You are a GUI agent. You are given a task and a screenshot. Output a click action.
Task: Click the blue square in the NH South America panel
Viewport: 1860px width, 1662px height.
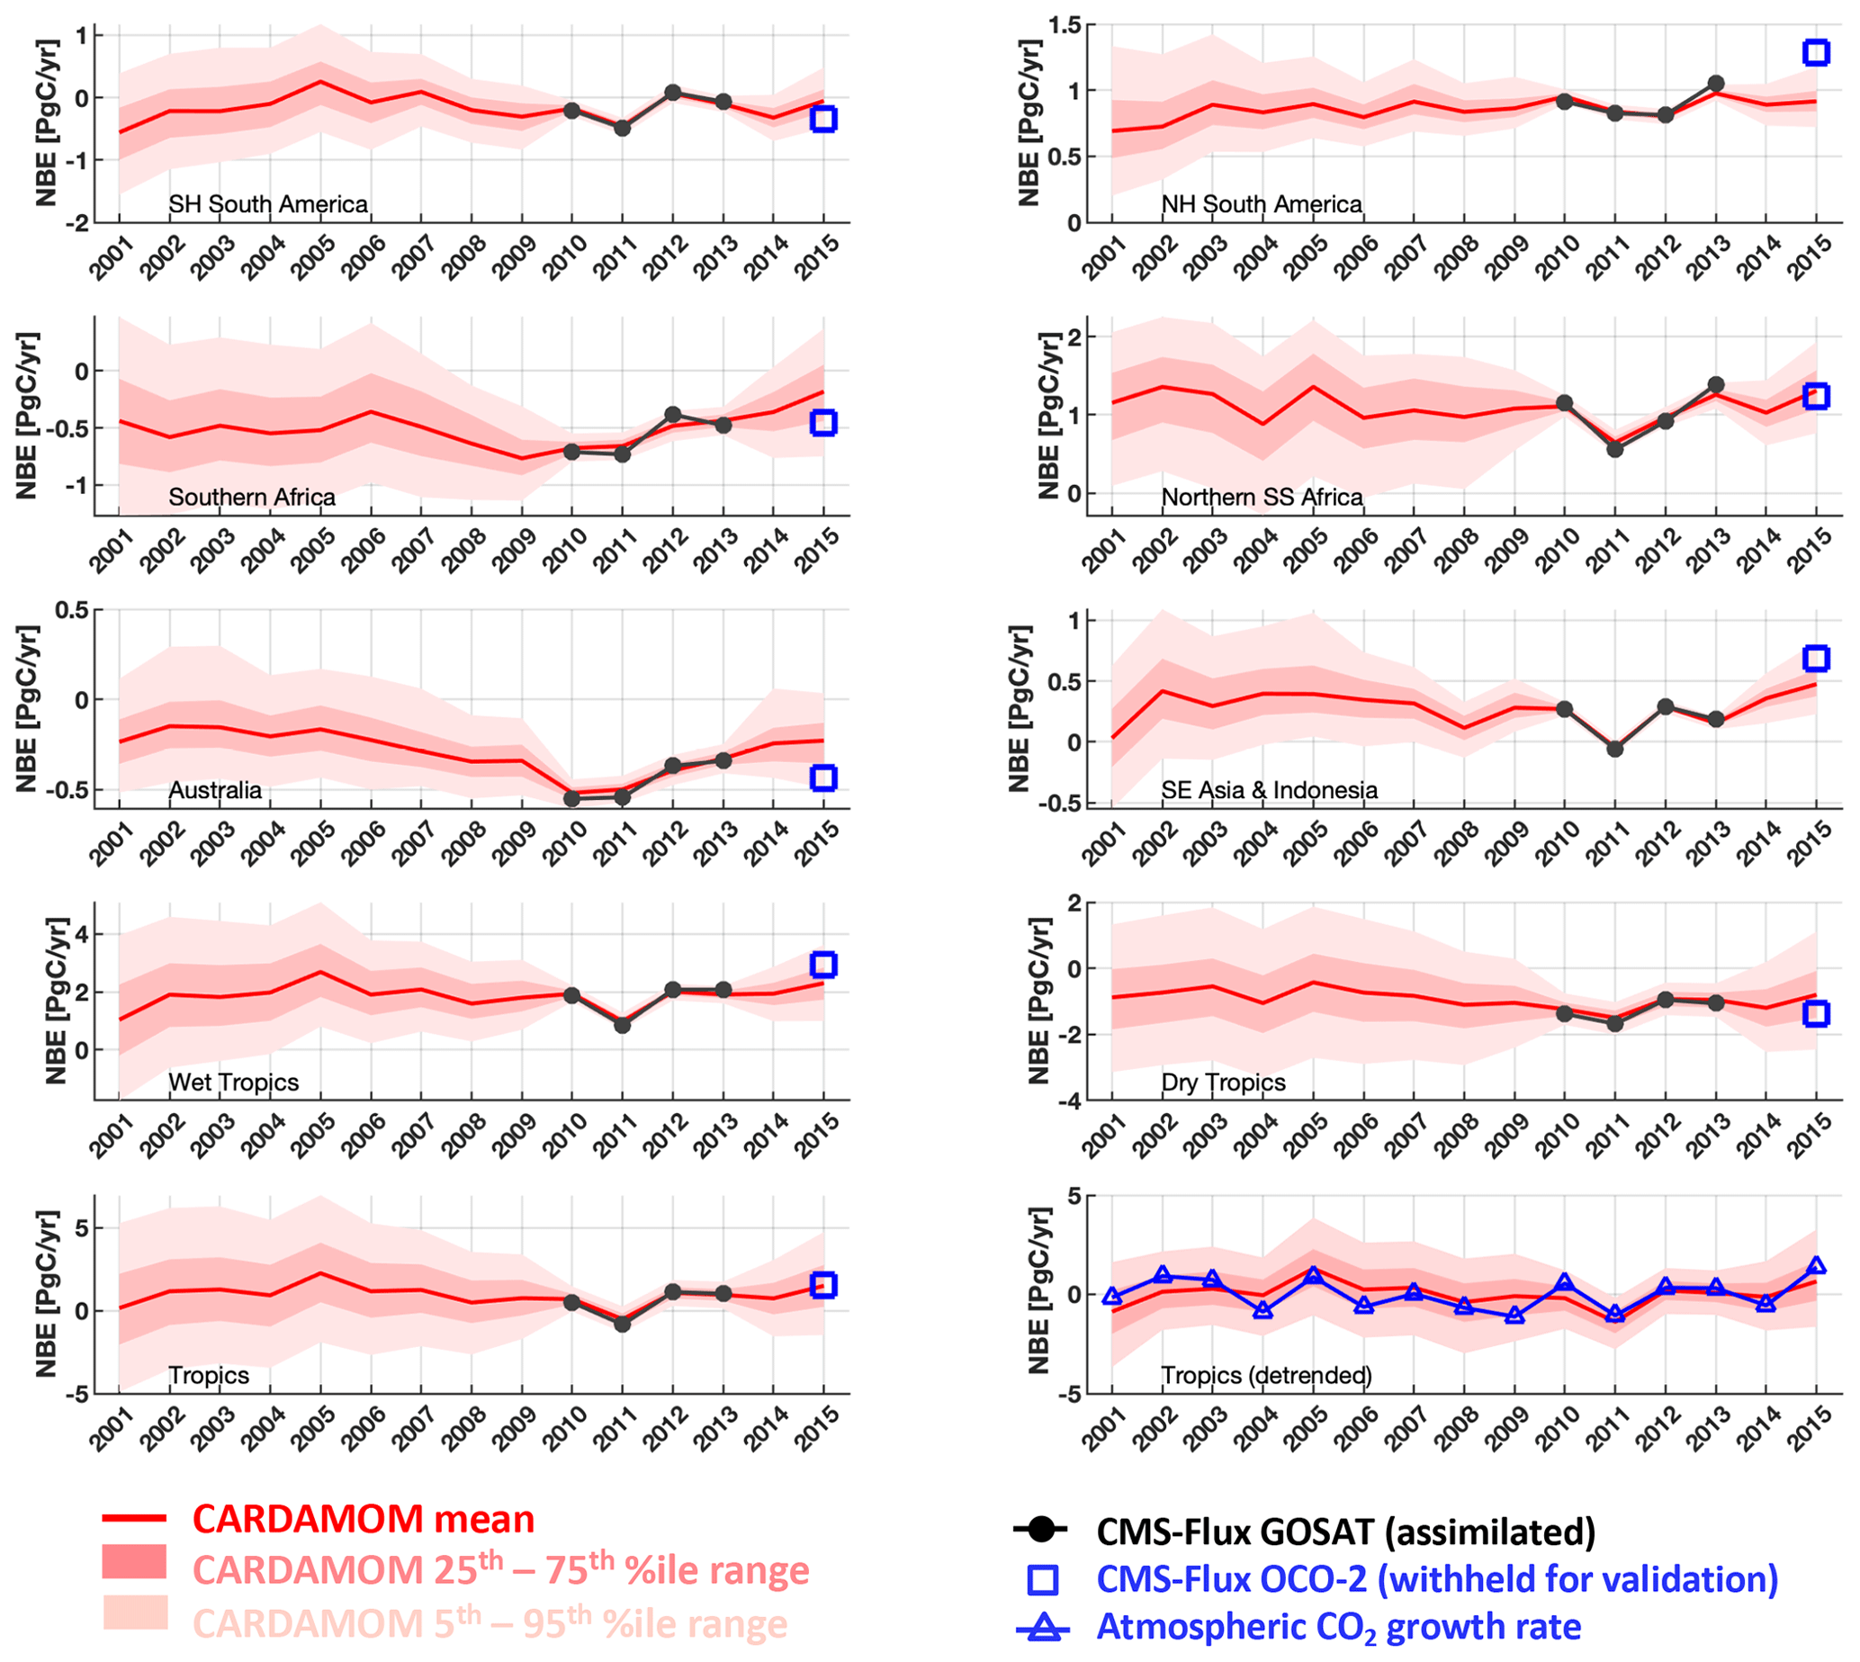pos(1816,52)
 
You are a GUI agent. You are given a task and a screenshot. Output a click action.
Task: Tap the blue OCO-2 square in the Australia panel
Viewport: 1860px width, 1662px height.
pos(823,778)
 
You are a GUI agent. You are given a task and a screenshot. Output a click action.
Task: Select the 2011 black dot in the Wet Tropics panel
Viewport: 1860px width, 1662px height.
pos(623,1026)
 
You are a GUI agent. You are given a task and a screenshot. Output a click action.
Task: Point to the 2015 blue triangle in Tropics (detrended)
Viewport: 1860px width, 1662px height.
pos(1816,1267)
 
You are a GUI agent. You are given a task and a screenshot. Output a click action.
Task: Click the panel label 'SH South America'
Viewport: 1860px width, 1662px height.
pos(267,203)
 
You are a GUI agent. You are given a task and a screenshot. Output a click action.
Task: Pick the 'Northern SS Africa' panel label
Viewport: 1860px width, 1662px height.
pos(1261,497)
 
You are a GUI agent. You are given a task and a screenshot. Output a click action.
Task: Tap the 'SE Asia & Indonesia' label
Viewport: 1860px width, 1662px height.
pos(1268,790)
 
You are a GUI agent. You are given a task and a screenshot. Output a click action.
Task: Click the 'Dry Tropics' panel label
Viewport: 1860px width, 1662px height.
pos(1223,1083)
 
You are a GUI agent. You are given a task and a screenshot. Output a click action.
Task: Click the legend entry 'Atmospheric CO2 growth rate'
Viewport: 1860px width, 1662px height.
pos(1339,1626)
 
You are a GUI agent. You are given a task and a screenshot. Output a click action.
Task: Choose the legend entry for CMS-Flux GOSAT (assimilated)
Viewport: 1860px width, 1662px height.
pos(1345,1532)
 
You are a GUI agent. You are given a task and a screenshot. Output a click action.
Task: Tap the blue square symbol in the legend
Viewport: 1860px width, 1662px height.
pos(1043,1580)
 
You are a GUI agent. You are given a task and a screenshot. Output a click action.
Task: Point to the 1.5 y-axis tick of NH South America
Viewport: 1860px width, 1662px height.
pos(1065,25)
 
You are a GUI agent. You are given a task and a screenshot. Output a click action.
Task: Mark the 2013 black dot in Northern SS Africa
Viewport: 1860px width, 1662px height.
pos(1716,385)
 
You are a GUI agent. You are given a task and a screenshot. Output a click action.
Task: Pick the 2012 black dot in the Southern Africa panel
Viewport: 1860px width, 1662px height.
pos(673,415)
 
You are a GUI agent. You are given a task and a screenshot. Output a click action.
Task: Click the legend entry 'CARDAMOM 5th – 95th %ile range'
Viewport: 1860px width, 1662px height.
pos(490,1623)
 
